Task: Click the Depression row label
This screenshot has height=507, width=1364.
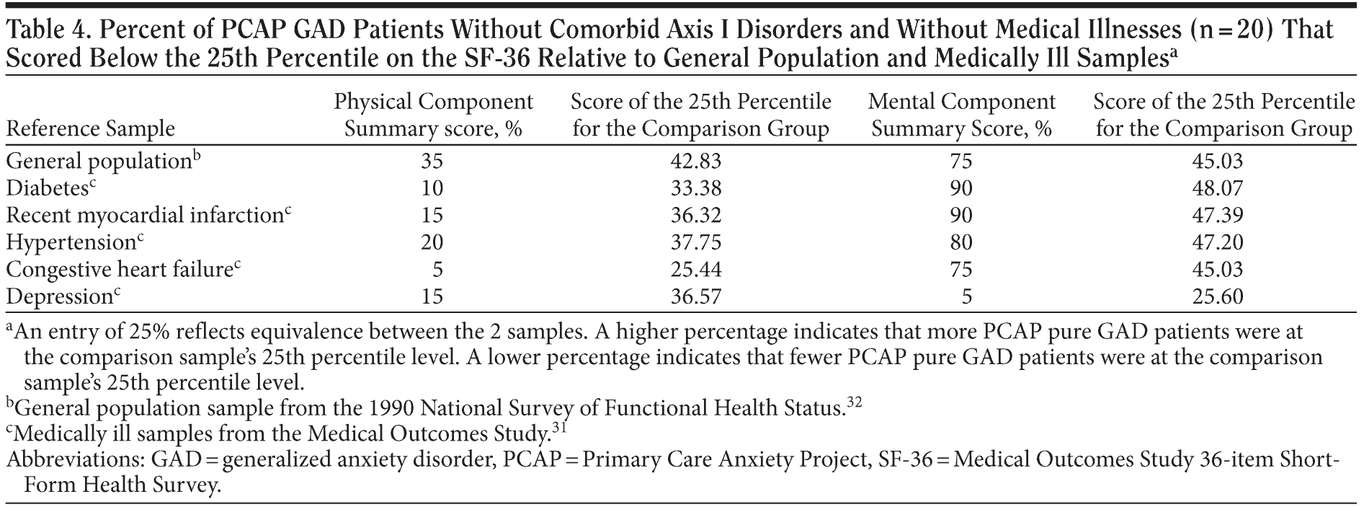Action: click(58, 296)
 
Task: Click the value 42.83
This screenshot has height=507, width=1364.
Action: click(695, 161)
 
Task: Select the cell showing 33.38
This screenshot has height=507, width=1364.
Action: click(695, 188)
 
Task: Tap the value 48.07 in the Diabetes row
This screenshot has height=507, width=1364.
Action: click(1218, 188)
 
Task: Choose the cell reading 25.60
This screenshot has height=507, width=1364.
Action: click(1218, 296)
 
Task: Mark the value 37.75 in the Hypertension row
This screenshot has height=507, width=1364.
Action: click(695, 243)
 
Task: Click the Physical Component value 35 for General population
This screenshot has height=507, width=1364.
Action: click(432, 161)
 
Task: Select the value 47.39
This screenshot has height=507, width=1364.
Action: click(1218, 216)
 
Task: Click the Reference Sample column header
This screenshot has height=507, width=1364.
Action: click(90, 129)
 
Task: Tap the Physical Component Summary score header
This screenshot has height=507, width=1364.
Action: click(433, 115)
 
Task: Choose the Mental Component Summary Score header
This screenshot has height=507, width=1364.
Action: click(961, 115)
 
